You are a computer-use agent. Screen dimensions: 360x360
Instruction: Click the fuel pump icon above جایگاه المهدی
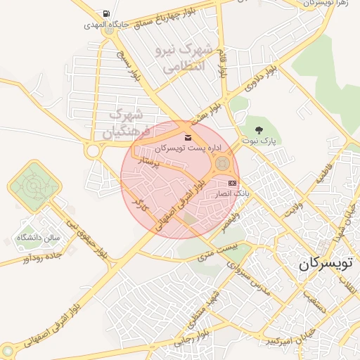click(x=105, y=13)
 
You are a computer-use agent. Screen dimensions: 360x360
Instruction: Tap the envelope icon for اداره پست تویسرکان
click(x=187, y=137)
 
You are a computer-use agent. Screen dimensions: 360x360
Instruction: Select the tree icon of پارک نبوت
click(x=259, y=129)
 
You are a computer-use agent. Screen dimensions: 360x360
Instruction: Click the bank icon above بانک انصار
click(x=232, y=182)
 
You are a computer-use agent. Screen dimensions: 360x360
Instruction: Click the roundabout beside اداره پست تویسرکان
click(x=222, y=164)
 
